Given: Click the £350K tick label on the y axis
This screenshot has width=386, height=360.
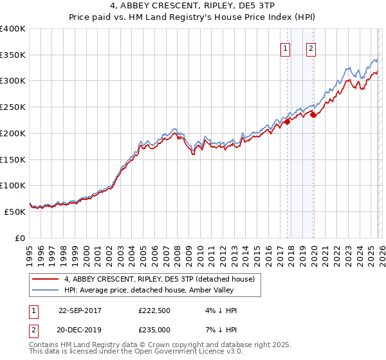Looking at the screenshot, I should tap(13, 55).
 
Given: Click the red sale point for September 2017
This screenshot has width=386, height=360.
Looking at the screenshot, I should tap(287, 122).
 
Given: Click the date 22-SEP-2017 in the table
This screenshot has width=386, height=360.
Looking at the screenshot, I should tap(80, 310).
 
